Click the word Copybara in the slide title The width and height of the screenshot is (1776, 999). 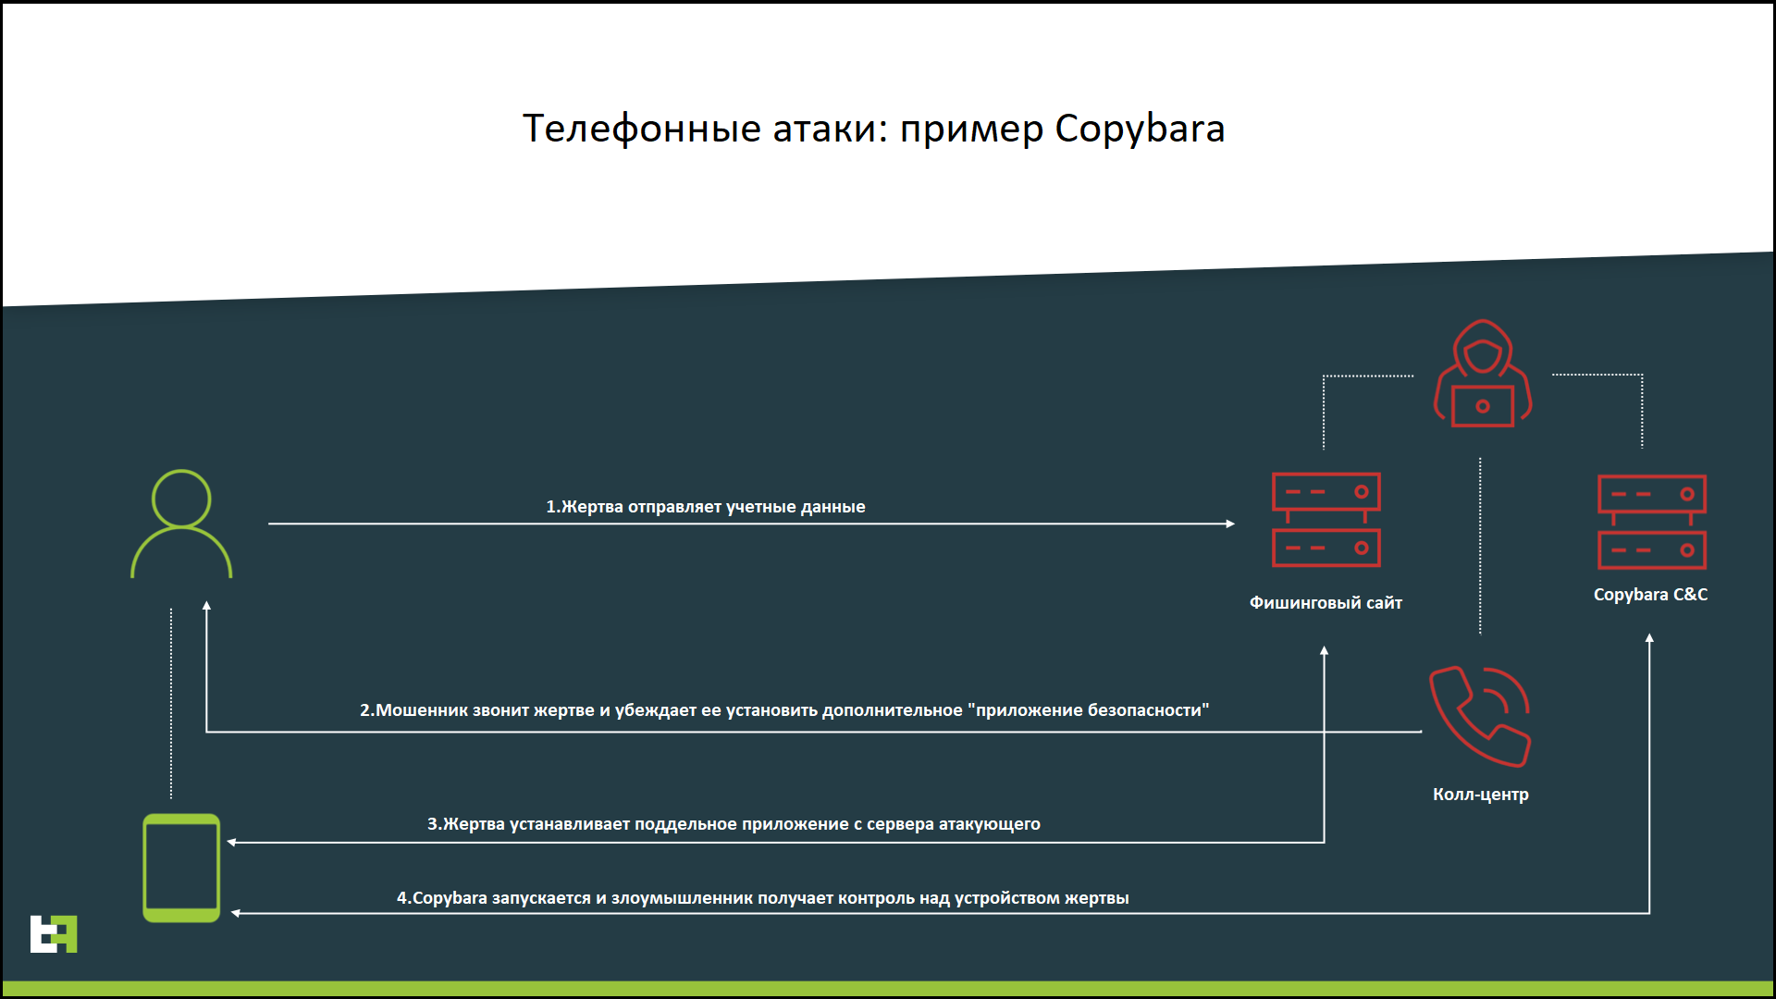coord(1140,129)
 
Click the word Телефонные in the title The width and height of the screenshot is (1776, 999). coord(643,129)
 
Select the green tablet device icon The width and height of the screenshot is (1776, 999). coord(181,868)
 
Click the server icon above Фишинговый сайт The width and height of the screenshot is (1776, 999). coord(1326,520)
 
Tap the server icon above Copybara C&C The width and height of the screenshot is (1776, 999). coord(1652,522)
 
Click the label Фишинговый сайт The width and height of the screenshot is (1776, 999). coord(1326,603)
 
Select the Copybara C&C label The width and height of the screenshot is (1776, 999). coord(1650,595)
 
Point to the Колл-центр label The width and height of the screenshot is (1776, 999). coord(1481,795)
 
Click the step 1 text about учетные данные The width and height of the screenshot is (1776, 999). coord(706,507)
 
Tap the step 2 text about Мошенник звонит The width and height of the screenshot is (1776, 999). coord(784,710)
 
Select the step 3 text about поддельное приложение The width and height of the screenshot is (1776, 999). coord(734,824)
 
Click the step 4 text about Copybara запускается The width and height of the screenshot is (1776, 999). coord(763,898)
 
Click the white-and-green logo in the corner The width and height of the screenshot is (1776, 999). coord(54,934)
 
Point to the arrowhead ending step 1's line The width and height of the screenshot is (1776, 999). coord(1230,524)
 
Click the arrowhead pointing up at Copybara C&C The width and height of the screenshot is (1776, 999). coord(1649,638)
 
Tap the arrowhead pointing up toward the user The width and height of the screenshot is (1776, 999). coord(206,606)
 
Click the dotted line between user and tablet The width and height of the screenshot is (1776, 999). coord(171,703)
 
